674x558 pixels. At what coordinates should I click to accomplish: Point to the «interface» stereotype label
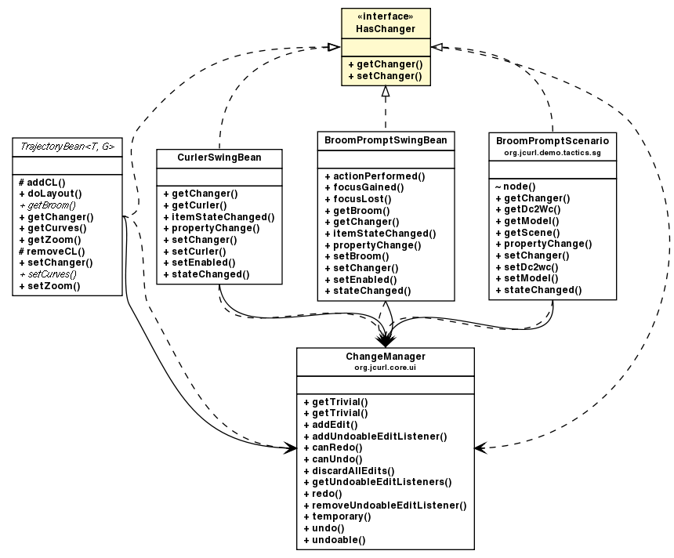[x=385, y=16]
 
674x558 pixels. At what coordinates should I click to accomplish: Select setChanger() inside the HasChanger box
[x=385, y=76]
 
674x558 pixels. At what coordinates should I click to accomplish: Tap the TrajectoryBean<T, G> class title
[x=67, y=146]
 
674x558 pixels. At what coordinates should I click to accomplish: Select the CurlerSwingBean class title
[x=219, y=158]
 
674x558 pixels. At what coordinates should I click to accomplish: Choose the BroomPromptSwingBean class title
[x=386, y=140]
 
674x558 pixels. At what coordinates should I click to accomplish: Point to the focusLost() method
[x=361, y=199]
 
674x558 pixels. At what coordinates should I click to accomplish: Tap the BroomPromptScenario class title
[x=552, y=139]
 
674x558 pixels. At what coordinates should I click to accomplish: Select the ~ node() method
[x=515, y=187]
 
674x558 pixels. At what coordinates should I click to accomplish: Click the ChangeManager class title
[x=385, y=356]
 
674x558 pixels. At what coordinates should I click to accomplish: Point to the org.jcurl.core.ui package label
[x=385, y=366]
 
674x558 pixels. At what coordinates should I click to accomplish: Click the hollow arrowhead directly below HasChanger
[x=385, y=92]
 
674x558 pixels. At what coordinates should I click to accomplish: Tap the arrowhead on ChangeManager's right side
[x=480, y=447]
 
